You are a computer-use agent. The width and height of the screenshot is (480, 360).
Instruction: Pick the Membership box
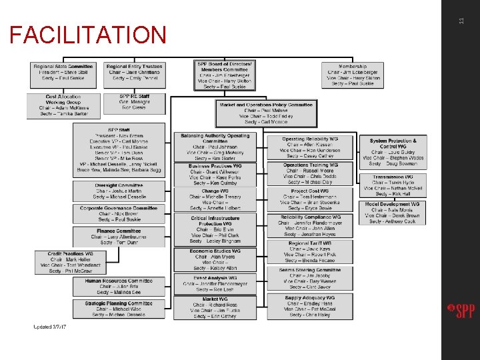(x=353, y=75)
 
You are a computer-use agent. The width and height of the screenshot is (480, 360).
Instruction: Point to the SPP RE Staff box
(x=135, y=101)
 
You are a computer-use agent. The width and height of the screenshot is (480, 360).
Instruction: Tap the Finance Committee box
(x=119, y=235)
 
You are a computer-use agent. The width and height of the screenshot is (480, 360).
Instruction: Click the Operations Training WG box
(x=310, y=173)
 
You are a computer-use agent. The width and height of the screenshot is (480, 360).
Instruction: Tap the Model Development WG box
(x=393, y=213)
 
